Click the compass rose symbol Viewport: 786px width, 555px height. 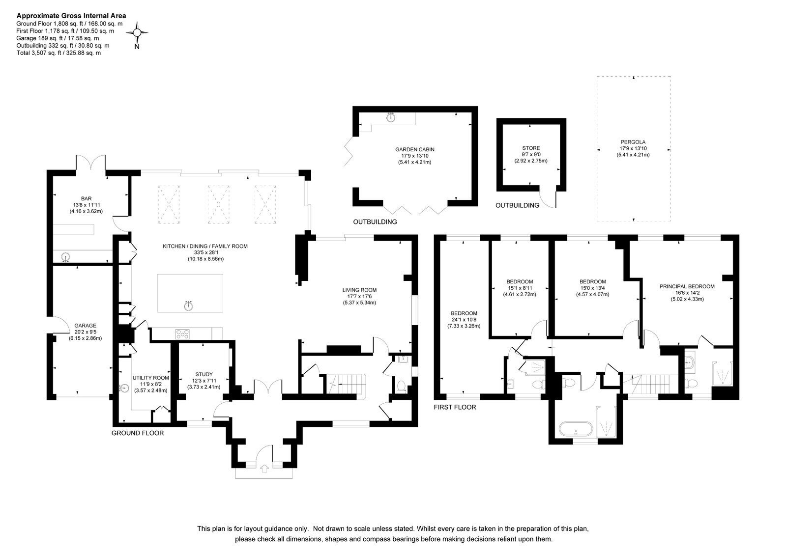(137, 32)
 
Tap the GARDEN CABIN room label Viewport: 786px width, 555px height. (415, 150)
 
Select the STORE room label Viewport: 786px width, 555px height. (531, 148)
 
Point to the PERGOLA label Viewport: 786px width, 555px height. (633, 142)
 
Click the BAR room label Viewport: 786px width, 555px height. (87, 198)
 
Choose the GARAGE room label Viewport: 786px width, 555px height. (85, 326)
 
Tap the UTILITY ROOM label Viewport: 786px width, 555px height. (150, 378)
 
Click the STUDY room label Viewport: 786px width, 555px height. (204, 374)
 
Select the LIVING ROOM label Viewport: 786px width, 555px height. (360, 290)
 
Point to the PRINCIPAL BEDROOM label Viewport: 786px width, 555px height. (687, 286)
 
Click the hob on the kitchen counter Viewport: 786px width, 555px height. (182, 334)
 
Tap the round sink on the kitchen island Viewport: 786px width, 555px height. (189, 305)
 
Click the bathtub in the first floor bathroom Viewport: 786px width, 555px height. (576, 429)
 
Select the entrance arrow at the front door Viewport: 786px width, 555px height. (265, 469)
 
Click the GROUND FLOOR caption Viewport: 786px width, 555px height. (138, 433)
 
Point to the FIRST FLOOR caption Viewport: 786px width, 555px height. (455, 407)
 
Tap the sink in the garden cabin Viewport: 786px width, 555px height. (391, 117)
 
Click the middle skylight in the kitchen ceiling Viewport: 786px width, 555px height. (218, 204)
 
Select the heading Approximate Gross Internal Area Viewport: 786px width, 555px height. (71, 16)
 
